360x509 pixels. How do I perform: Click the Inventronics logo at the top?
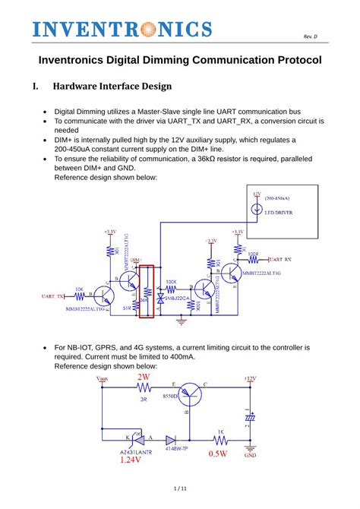pos(122,30)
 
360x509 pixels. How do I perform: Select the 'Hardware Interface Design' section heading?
pos(112,86)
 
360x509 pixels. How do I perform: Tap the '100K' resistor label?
pos(171,281)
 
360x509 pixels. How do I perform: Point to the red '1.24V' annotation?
pos(131,460)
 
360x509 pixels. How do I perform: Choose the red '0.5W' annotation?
pos(218,455)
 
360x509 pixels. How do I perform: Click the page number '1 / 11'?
pos(180,488)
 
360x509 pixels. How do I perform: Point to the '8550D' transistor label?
pos(169,397)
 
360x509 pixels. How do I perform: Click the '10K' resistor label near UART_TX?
pos(78,289)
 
